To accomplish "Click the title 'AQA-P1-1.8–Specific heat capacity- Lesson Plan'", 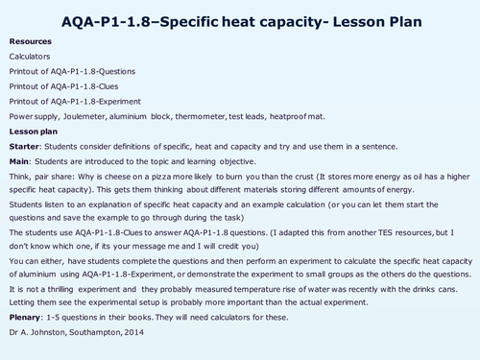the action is (240, 19).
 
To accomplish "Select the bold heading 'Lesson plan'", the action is (35, 130).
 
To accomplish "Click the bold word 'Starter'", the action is (25, 146).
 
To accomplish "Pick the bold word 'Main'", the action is (20, 161).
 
